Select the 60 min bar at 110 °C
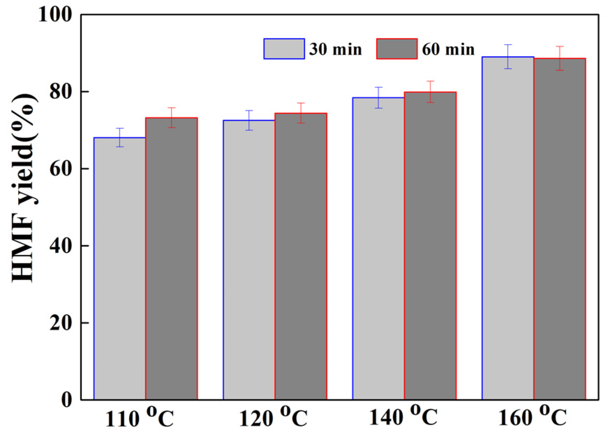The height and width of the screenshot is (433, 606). pyautogui.click(x=171, y=258)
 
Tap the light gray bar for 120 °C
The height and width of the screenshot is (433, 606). pyautogui.click(x=249, y=260)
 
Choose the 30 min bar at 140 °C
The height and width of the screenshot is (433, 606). pyautogui.click(x=379, y=248)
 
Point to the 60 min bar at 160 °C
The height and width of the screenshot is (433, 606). pyautogui.click(x=560, y=229)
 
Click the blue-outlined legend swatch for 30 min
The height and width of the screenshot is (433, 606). pyautogui.click(x=284, y=49)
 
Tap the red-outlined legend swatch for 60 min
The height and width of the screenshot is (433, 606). pyautogui.click(x=397, y=49)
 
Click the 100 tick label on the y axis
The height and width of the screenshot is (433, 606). pyautogui.click(x=55, y=15)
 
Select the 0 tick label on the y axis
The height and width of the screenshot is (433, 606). pyautogui.click(x=66, y=399)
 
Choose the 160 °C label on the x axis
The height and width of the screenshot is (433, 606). pyautogui.click(x=533, y=416)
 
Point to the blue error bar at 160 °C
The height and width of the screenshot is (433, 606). pyautogui.click(x=508, y=57)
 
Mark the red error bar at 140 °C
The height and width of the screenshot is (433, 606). pyautogui.click(x=430, y=91)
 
